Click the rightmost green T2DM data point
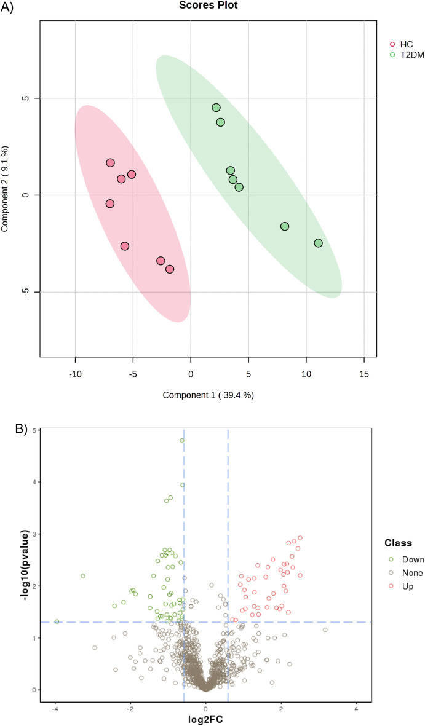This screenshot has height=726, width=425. coord(318,243)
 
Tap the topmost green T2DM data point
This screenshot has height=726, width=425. coord(216,108)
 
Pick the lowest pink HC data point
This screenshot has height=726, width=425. coord(170,269)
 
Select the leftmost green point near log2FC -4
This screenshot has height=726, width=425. coord(57,621)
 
